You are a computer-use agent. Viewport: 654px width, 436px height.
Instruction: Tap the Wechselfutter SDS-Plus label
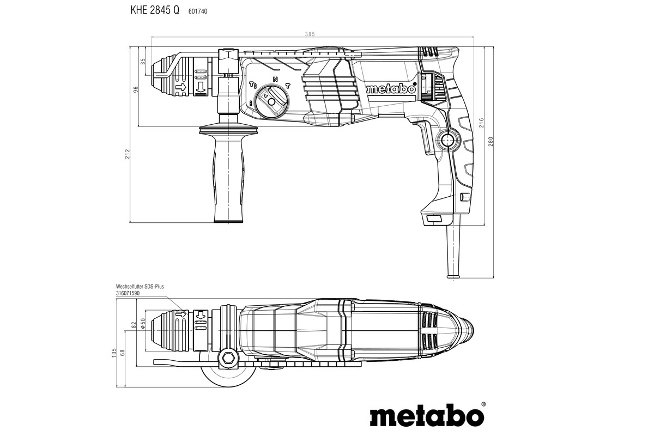coord(141,286)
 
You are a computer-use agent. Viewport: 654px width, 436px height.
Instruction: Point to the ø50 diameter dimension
coord(143,323)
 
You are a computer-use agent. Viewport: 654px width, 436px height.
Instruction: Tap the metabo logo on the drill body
coord(391,89)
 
